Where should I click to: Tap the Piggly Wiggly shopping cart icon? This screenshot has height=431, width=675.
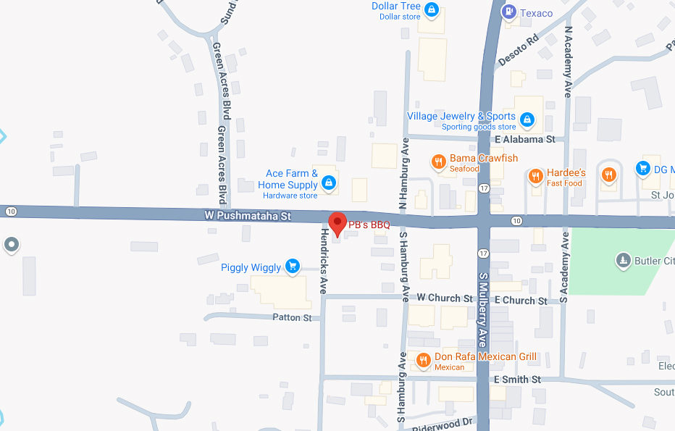click(x=292, y=267)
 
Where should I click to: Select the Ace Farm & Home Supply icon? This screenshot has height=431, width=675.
click(x=329, y=183)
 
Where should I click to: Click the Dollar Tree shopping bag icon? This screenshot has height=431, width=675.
click(x=432, y=10)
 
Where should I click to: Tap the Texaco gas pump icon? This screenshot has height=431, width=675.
click(x=508, y=12)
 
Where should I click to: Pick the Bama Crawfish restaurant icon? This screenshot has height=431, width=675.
click(x=438, y=162)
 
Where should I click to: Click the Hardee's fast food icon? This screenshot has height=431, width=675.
click(x=535, y=176)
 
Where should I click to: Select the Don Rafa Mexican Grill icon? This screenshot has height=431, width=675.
click(x=424, y=359)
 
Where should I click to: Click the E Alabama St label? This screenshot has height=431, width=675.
click(x=525, y=139)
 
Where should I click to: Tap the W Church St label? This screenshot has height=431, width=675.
click(x=444, y=298)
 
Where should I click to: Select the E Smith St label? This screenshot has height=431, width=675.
click(x=517, y=380)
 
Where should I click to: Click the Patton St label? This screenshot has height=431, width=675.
click(x=292, y=317)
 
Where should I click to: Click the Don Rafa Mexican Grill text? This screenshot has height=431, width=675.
click(x=485, y=356)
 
